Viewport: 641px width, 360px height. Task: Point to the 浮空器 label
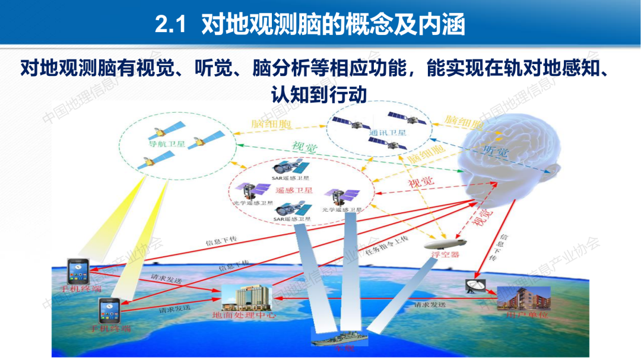(x=445, y=255)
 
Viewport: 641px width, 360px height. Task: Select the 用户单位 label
(x=522, y=315)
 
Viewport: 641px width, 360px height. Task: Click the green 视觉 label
(x=303, y=147)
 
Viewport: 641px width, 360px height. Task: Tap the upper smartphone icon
(x=78, y=272)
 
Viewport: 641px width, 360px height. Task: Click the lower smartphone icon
(x=110, y=310)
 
